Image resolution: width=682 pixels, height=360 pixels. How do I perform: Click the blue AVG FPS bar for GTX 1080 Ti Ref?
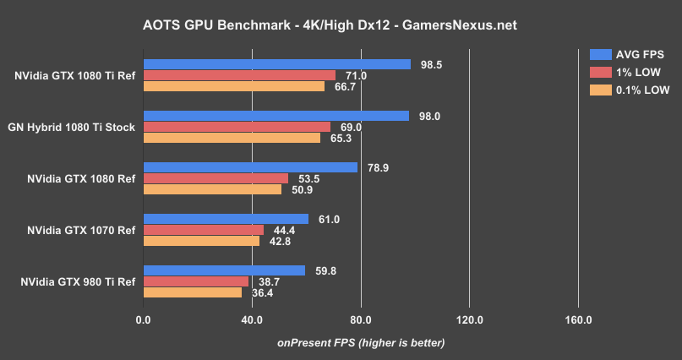point(276,64)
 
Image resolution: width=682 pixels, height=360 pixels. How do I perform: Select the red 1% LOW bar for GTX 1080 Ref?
point(216,178)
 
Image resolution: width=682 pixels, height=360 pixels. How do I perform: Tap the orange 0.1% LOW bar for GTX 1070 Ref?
point(201,241)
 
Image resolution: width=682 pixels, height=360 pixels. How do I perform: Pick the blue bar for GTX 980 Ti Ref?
point(224,270)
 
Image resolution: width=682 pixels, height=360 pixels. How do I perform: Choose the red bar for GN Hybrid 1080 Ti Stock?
point(237,127)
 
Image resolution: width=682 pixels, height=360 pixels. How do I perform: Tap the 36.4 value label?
point(265,292)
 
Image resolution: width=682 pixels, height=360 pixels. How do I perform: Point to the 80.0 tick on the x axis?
point(361,320)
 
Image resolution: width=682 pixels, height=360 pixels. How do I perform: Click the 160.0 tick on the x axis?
point(578,320)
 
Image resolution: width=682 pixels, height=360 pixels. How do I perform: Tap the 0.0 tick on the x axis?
point(143,320)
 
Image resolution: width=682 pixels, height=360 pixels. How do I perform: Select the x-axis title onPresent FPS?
point(361,342)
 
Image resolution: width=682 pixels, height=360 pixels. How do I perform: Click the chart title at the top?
point(341,25)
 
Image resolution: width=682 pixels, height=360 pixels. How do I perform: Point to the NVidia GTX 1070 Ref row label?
point(80,230)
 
